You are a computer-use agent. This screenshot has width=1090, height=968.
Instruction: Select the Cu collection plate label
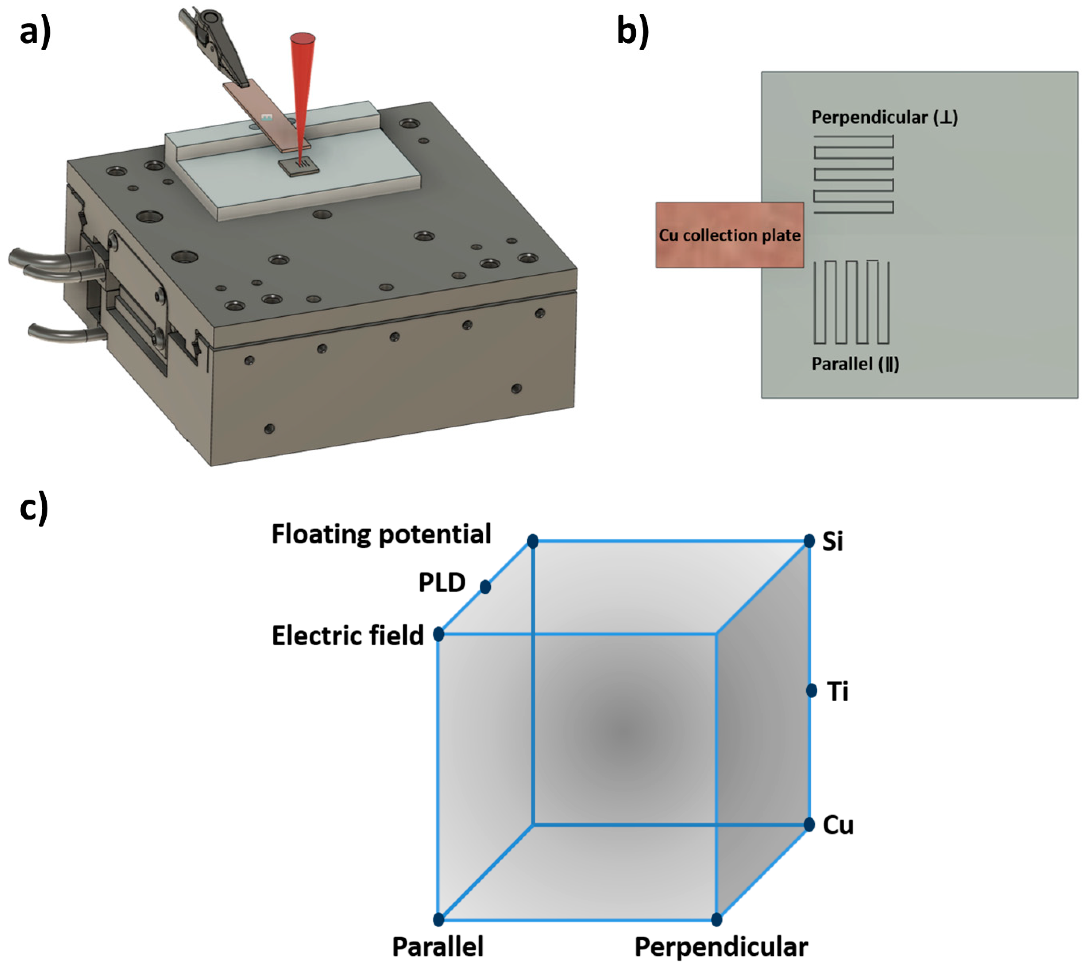tap(729, 235)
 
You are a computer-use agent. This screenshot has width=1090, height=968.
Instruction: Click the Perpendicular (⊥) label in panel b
tap(884, 117)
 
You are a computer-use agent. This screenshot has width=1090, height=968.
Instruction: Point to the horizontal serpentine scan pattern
tap(853, 174)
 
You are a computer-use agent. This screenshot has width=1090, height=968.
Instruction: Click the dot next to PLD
tap(485, 587)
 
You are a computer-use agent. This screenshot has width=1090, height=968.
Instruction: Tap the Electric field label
tap(348, 635)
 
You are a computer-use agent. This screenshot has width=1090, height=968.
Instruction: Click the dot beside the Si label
tap(809, 541)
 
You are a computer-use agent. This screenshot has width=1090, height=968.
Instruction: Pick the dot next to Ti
tap(811, 691)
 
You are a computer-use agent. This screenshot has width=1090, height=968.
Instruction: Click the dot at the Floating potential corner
tap(532, 541)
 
